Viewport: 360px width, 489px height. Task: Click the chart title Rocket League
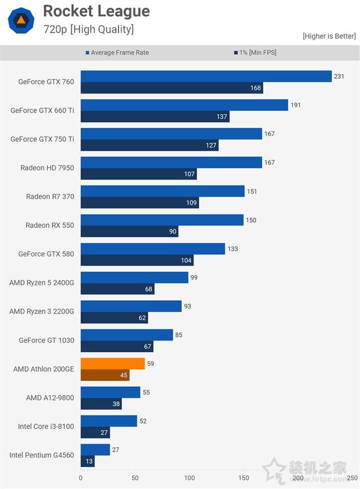96,11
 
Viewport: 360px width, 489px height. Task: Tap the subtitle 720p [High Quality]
88,29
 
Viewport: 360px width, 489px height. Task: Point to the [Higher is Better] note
329,36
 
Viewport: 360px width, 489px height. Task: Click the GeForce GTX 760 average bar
206,76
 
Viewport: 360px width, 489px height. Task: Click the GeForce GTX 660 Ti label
42,110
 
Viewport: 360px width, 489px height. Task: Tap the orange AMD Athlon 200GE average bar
112,364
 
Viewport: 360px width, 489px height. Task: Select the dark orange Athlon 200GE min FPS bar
105,375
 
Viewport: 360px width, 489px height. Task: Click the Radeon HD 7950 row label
47,168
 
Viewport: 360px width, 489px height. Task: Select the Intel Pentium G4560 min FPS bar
87,461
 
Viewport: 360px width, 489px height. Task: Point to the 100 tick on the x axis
189,478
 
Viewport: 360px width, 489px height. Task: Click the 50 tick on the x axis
135,478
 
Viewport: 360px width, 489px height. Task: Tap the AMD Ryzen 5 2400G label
42,282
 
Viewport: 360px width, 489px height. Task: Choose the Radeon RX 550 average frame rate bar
162,220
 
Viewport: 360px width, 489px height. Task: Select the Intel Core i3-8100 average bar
109,421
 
